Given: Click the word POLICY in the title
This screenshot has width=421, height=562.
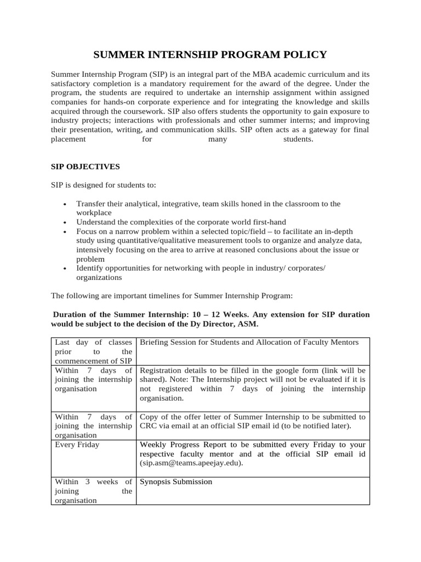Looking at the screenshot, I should pyautogui.click(x=304, y=54).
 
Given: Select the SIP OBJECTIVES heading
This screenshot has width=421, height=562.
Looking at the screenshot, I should pyautogui.click(x=85, y=166).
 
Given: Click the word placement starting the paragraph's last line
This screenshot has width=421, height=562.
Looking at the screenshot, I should pyautogui.click(x=69, y=139).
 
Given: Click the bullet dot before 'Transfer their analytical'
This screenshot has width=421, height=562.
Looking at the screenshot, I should pyautogui.click(x=65, y=204).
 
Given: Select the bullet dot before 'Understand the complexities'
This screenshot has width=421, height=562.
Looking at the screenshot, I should pyautogui.click(x=65, y=222).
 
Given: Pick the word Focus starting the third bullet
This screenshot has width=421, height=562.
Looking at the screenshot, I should pyautogui.click(x=87, y=232).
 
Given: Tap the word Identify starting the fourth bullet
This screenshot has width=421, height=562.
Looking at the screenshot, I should pyautogui.click(x=90, y=268).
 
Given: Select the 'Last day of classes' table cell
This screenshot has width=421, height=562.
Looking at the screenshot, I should pyautogui.click(x=93, y=351).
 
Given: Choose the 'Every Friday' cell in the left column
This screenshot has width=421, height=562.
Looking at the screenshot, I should pyautogui.click(x=77, y=445).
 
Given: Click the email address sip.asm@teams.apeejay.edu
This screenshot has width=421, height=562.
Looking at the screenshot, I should pyautogui.click(x=192, y=463).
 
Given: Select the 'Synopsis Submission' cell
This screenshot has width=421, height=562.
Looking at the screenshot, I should pyautogui.click(x=176, y=482).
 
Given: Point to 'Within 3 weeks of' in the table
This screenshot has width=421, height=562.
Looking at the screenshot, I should pyautogui.click(x=93, y=482).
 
